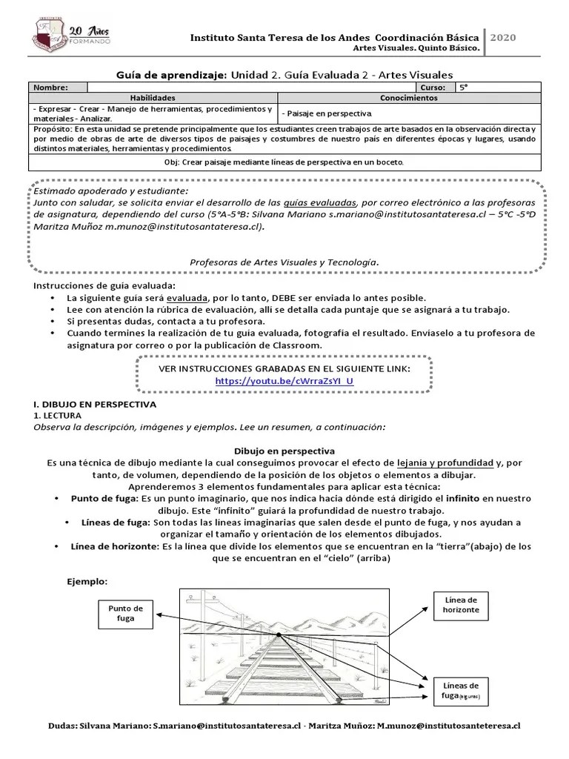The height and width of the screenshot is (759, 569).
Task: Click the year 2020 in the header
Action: click(x=503, y=38)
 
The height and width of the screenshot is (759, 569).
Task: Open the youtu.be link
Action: click(x=284, y=381)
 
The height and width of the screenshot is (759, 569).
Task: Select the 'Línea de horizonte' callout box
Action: click(x=461, y=604)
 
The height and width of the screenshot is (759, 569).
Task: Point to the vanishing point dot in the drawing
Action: click(x=279, y=635)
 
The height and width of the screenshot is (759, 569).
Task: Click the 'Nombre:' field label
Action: click(x=50, y=87)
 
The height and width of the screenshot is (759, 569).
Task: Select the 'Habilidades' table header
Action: click(x=153, y=98)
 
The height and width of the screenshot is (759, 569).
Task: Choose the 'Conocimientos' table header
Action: click(x=409, y=98)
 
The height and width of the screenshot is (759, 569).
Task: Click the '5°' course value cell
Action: click(x=465, y=87)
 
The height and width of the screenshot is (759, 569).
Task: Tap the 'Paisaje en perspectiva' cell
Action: click(x=327, y=113)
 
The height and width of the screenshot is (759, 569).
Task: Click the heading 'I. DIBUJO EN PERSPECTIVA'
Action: click(x=95, y=405)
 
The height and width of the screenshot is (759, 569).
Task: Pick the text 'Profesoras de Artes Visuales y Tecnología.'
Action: click(x=284, y=262)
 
